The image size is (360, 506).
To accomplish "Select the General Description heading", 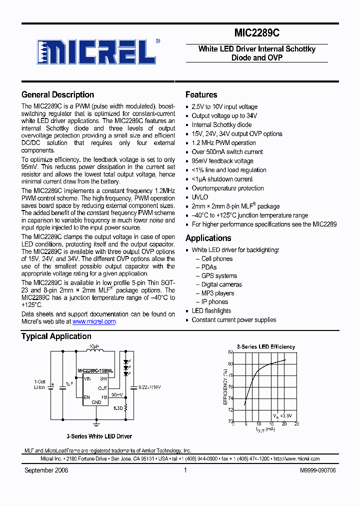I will click(57, 94).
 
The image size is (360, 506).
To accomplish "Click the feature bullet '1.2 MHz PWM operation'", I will click(223, 142).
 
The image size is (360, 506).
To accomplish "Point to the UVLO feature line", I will click(199, 197).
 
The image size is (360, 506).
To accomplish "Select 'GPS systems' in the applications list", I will click(219, 276).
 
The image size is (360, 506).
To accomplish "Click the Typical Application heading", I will click(56, 336).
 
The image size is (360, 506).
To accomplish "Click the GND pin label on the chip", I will click(96, 402).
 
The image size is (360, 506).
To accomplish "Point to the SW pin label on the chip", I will click(103, 379).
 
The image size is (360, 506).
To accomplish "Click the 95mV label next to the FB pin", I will click(116, 394).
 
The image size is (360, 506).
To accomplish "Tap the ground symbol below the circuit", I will click(96, 423).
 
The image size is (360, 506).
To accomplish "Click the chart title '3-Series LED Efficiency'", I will click(265, 346).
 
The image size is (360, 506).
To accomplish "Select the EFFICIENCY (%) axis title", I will click(225, 386).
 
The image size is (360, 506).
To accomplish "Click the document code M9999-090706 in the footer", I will click(317, 470).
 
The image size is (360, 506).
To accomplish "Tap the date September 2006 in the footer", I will click(46, 470).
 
